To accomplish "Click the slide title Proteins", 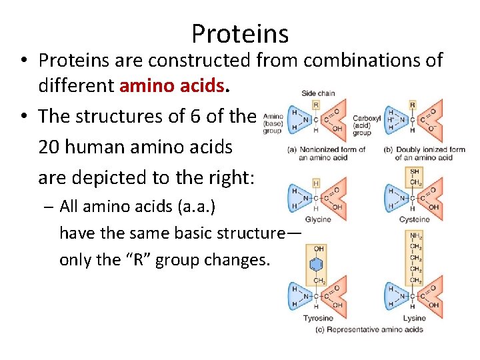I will [240, 33].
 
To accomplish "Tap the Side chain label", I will [318, 93].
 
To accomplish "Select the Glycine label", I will [317, 219].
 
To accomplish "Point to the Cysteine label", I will [413, 219].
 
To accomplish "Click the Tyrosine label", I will [318, 318].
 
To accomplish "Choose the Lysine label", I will [413, 318].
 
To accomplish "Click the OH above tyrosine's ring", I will [318, 249].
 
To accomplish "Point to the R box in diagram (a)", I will [315, 105].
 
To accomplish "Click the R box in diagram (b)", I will [413, 105].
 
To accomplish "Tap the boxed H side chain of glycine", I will [315, 182].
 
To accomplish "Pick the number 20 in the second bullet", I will [50, 147].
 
